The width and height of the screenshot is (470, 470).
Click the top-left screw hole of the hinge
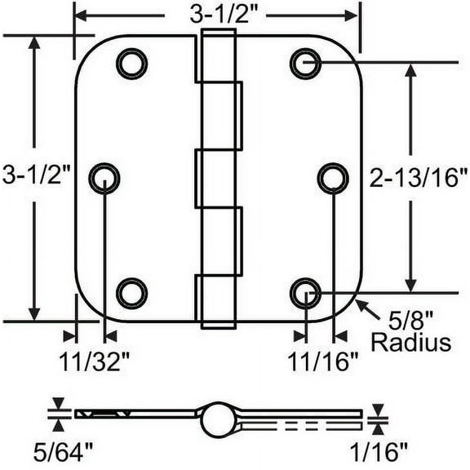131,64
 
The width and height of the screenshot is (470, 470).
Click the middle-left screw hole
104,177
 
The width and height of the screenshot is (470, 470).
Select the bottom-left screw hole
131,292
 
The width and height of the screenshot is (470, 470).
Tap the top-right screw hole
305,63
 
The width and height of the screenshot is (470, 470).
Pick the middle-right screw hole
332,177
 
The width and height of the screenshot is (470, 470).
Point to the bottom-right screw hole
305,292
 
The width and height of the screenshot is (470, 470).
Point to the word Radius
410,342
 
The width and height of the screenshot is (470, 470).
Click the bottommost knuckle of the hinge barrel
216,301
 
